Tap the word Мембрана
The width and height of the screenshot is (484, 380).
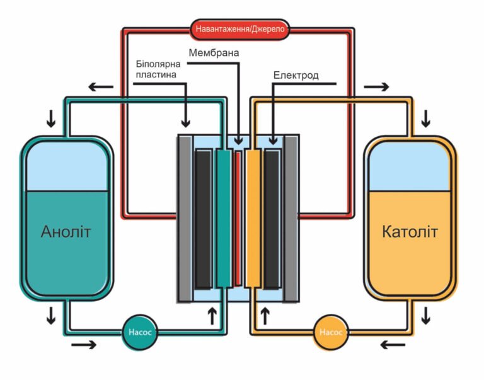point(214,52)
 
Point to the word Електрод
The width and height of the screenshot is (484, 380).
point(296,76)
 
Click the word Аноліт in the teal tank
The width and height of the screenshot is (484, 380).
point(66,232)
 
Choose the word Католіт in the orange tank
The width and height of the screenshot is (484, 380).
point(409,232)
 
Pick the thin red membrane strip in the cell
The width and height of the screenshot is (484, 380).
point(238,218)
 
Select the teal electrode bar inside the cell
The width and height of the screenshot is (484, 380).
point(223,218)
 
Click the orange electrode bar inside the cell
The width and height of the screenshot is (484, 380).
point(253,218)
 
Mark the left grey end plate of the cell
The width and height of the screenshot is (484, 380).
point(184,218)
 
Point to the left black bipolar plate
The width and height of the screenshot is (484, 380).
point(203,218)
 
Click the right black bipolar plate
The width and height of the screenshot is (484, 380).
point(272,218)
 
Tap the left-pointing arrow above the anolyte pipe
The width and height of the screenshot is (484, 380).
point(101,86)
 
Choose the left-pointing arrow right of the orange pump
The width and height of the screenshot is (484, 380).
point(393,344)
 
